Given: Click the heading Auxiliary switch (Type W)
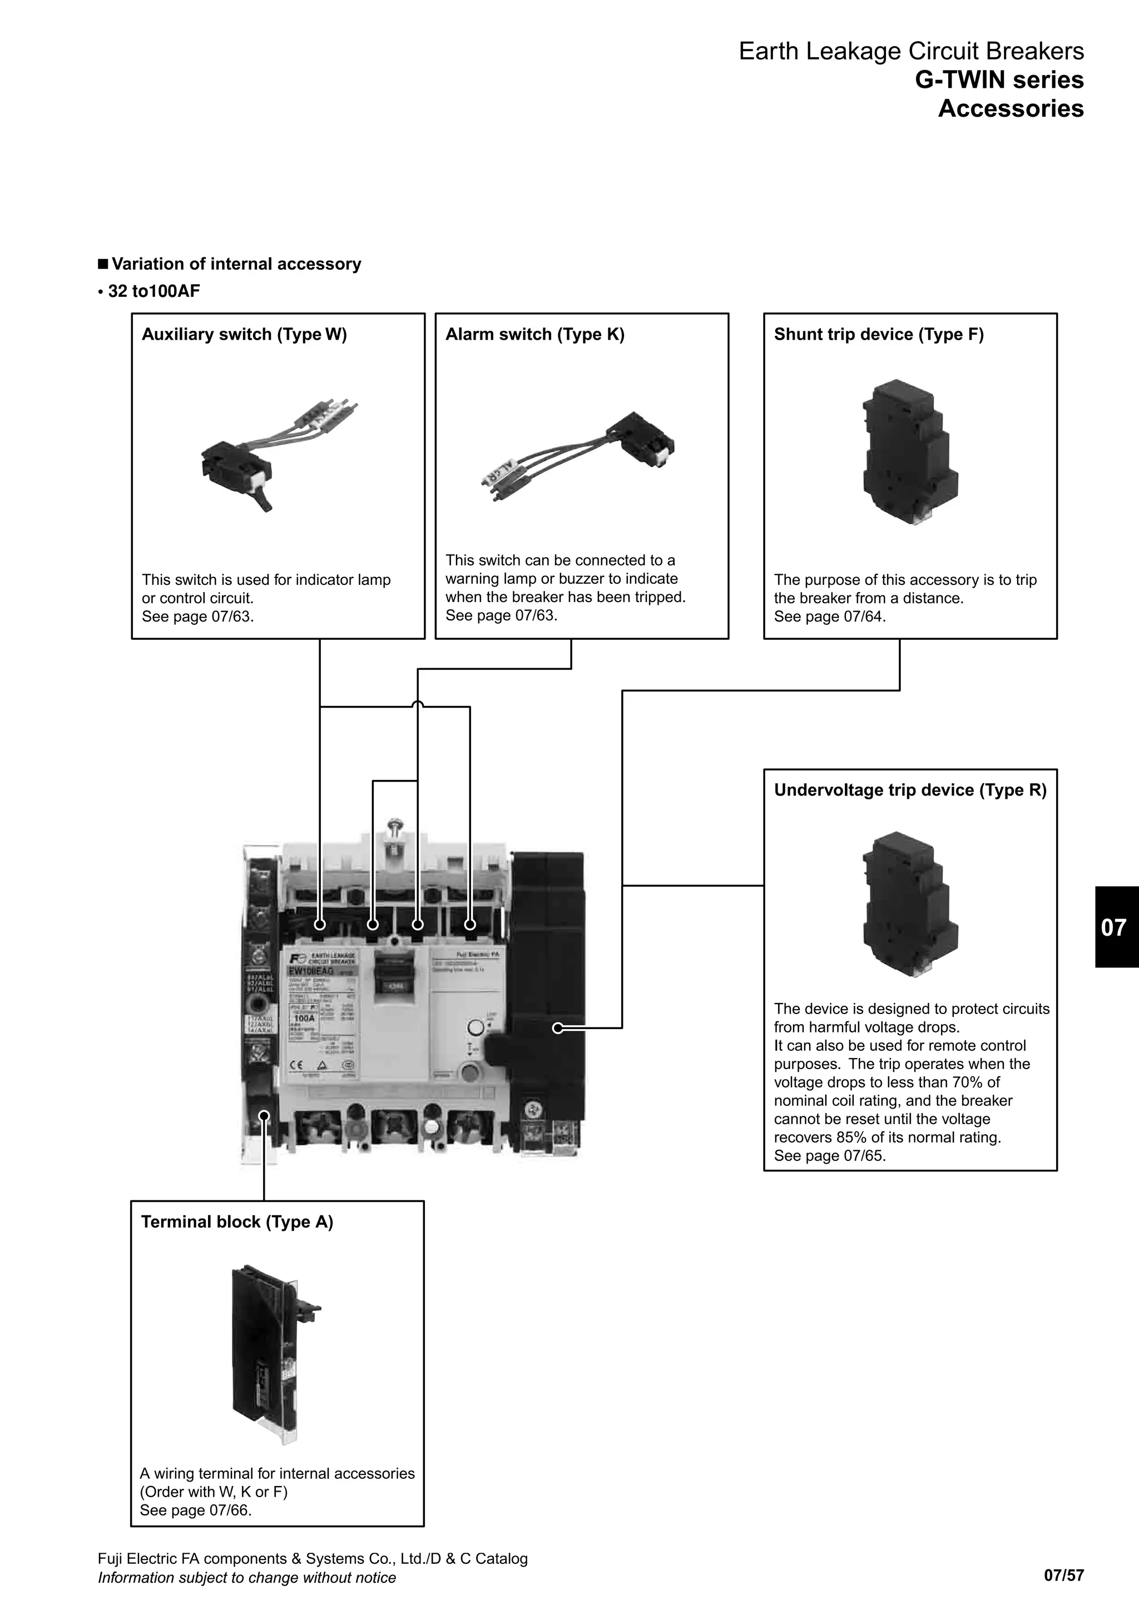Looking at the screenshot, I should point(244,335).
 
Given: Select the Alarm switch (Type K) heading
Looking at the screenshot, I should point(534,335).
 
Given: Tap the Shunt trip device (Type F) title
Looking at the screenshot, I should point(878,335).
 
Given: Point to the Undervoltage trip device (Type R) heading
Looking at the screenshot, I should point(910,791).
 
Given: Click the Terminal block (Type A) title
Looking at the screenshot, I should point(237,1222).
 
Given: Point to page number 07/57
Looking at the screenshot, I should point(1063,1576).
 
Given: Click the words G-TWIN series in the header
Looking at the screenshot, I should point(999,80).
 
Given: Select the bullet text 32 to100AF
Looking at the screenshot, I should point(153,291).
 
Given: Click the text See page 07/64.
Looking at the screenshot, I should point(829,617).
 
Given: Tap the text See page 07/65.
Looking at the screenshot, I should point(829,1156).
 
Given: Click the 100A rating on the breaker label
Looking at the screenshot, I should point(304,1018).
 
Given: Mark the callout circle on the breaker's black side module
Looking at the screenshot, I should point(558,1028).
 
